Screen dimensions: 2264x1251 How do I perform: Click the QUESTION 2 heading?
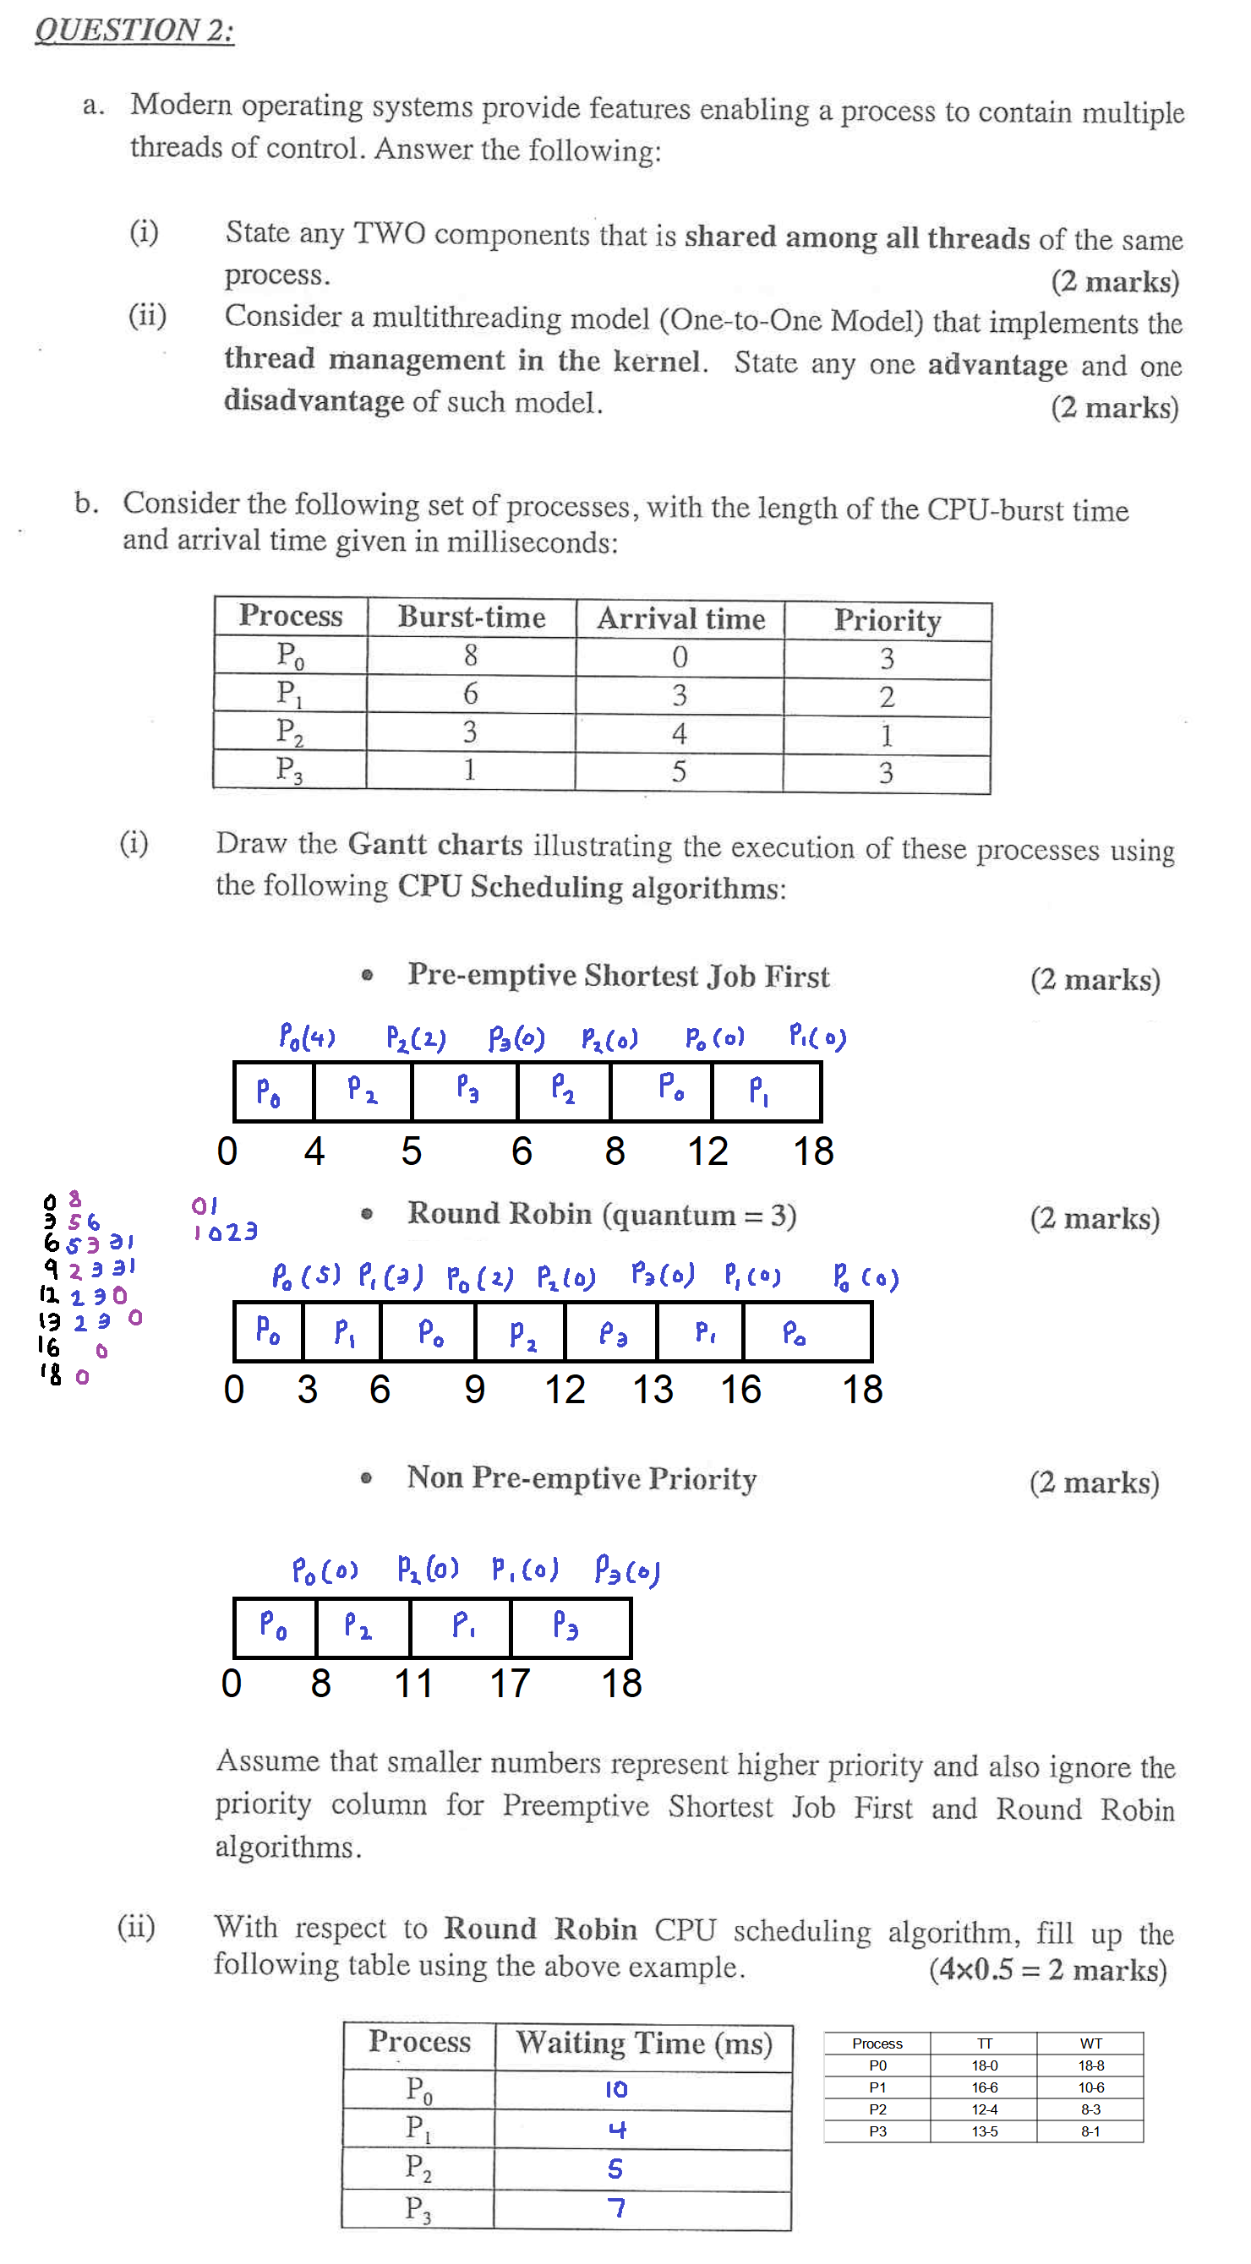point(134,30)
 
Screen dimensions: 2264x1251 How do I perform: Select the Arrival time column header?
point(680,618)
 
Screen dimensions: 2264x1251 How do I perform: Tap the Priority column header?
point(887,621)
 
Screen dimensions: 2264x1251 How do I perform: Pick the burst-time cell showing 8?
point(471,656)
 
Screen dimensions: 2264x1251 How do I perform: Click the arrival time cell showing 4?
point(679,733)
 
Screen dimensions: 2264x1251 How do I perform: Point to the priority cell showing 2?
point(886,696)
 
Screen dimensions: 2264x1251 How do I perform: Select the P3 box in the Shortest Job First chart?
point(466,1091)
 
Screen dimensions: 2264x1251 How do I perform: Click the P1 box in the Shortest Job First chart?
point(767,1091)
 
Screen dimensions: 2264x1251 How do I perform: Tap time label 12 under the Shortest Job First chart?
point(707,1151)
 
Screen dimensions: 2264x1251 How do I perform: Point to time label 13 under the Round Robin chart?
point(653,1390)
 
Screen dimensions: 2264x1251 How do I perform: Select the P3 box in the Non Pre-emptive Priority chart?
point(569,1627)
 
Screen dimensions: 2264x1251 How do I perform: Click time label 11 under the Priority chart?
point(413,1683)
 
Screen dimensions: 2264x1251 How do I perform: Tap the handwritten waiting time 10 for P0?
point(616,2089)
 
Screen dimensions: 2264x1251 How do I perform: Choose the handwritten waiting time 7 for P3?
point(616,2207)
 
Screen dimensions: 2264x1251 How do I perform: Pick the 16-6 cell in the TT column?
point(984,2087)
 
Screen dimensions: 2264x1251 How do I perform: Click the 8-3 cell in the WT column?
point(1090,2109)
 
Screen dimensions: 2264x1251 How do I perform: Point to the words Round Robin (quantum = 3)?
point(601,1215)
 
